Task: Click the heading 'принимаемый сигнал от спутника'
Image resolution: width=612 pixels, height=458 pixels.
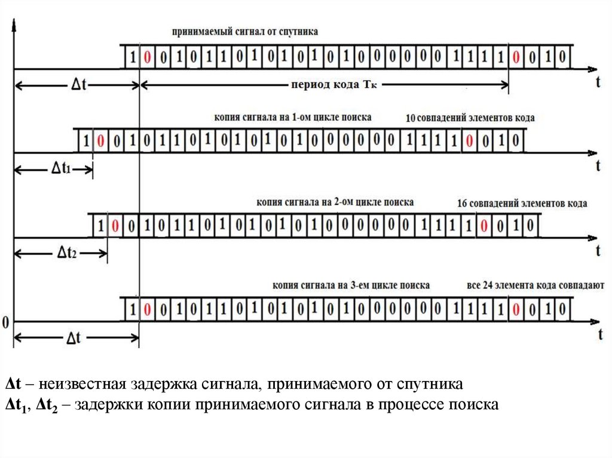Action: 244,30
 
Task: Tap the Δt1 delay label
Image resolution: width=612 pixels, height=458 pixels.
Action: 59,169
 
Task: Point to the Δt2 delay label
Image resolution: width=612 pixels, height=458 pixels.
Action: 67,253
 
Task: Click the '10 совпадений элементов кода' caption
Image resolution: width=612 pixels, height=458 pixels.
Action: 470,118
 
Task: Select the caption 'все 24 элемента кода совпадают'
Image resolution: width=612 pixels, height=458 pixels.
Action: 535,285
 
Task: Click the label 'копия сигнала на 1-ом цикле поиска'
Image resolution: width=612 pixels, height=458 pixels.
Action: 293,118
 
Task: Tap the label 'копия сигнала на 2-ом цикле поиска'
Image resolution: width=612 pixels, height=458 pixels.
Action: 335,202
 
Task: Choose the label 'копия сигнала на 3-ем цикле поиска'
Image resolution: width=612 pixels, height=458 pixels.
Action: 350,285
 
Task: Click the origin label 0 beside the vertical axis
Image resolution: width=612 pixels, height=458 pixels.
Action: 5,322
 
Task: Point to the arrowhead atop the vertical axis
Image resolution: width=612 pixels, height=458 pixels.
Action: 14,24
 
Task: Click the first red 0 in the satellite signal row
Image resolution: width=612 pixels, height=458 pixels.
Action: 148,57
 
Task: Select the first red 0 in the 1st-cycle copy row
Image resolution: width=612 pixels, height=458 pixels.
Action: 101,142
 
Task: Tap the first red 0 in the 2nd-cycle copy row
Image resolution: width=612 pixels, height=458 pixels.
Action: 116,226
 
